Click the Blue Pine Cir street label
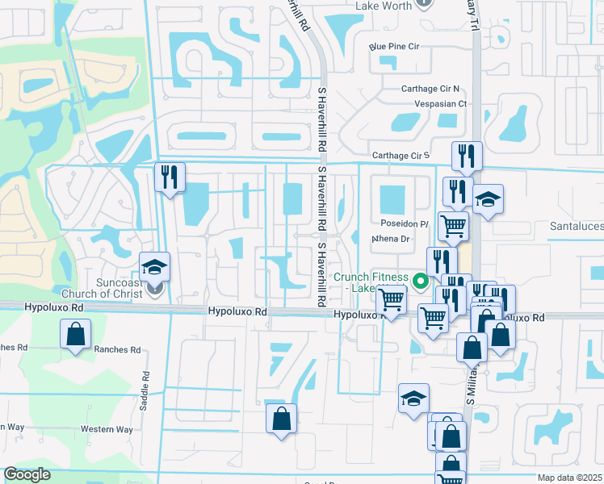coord(395,47)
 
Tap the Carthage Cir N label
coord(430,89)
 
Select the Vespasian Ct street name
coord(440,104)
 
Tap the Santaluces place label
coord(577,228)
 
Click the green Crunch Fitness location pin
coord(420,282)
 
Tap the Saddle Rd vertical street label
coord(145,390)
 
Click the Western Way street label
coord(107,429)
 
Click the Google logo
coord(27,474)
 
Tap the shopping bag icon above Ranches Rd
coord(75,335)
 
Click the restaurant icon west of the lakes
coord(170,177)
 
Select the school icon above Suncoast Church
coord(154,267)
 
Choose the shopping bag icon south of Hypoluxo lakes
coord(281,419)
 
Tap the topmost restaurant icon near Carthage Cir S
coord(467,156)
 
